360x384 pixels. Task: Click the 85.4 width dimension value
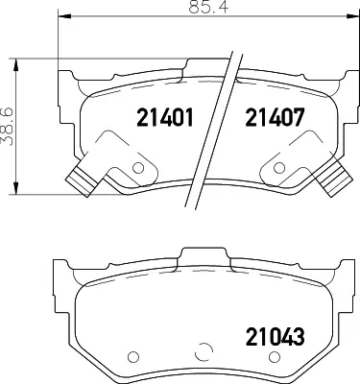click(x=208, y=7)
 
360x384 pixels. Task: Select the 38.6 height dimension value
click(x=7, y=127)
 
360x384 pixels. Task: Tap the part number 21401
click(x=165, y=117)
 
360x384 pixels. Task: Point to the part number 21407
click(x=275, y=117)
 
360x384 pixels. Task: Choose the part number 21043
click(x=275, y=337)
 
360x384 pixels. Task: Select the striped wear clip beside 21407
click(x=335, y=179)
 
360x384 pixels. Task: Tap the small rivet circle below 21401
click(x=138, y=168)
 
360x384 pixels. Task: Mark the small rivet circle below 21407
click(x=279, y=167)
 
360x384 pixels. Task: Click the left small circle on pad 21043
click(x=133, y=356)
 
